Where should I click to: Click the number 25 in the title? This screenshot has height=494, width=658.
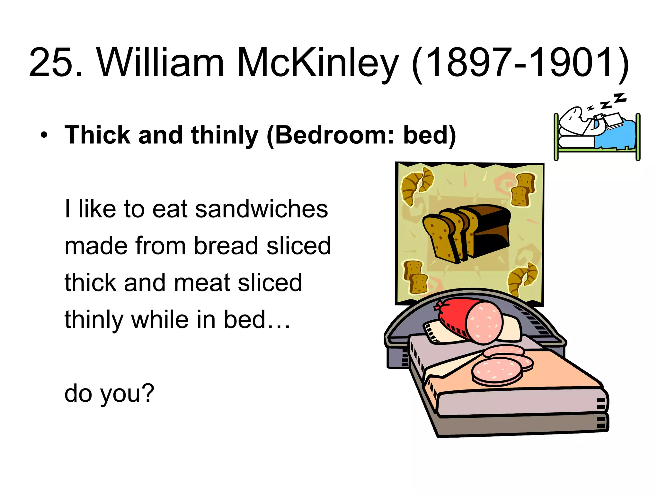pos(51,62)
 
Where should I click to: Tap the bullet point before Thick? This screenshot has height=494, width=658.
pos(44,135)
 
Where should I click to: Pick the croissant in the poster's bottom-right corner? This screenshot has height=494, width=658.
pos(522,278)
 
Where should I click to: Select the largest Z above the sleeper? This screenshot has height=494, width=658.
pos(620,98)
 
